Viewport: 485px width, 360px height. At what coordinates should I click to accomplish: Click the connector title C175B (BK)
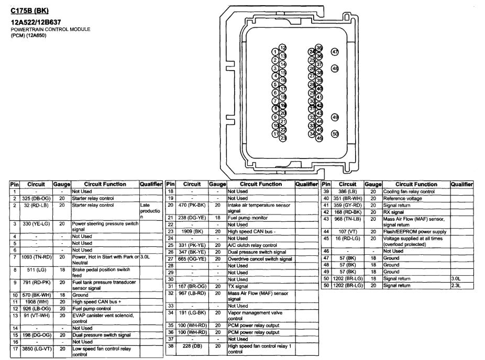30,10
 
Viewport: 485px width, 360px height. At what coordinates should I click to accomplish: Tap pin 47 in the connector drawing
335,52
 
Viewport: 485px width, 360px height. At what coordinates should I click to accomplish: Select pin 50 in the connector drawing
335,134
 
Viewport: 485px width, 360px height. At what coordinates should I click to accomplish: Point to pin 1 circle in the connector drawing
275,52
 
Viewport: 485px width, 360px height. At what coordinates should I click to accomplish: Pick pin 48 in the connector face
335,68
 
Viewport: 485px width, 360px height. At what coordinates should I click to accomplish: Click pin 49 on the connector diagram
335,118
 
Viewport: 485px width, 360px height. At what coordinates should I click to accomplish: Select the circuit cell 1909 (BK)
192,231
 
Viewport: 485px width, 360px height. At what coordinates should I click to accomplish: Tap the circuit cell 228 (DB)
192,345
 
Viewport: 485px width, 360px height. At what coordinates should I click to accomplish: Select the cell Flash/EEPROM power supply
415,231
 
